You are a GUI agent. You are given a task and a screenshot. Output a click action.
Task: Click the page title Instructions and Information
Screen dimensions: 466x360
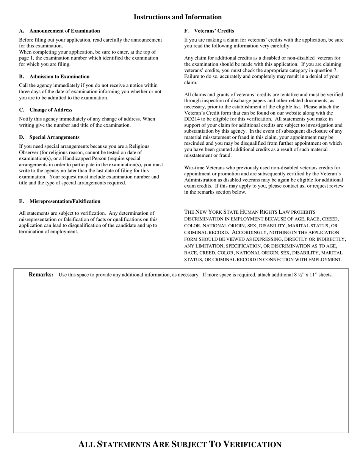coord(177,17)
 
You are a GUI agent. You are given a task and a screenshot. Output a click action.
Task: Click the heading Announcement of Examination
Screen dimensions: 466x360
coord(64,31)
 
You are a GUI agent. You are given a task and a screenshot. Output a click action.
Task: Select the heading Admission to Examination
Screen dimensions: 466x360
coord(59,77)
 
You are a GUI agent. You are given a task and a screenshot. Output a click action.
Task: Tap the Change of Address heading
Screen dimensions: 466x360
coord(51,110)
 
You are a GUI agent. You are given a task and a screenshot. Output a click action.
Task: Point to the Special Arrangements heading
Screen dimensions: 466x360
coord(54,137)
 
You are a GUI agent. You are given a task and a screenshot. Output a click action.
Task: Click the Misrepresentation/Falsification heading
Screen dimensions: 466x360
coord(65,201)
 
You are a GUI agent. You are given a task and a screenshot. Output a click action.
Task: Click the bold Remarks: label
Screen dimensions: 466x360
coord(41,275)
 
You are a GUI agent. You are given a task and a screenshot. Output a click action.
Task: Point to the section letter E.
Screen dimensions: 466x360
coord(21,201)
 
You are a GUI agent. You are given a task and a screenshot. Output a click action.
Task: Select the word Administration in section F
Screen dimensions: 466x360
coord(203,180)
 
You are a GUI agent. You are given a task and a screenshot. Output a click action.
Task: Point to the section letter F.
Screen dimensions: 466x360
coord(186,31)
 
